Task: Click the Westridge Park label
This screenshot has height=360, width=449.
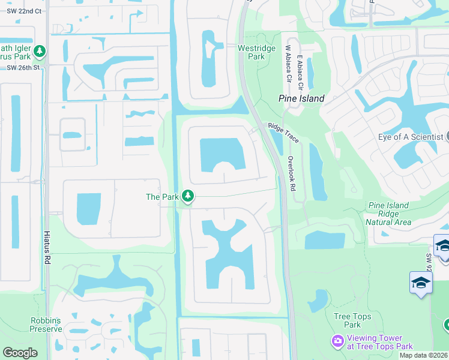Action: pos(256,52)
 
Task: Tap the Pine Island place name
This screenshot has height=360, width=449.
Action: pos(301,98)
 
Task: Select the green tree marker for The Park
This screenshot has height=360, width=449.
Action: pos(188,196)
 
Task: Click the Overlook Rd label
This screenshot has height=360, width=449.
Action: pos(291,174)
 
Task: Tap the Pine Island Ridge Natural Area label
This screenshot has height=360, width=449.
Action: pos(388,214)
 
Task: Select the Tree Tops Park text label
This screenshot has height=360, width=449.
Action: pos(352,320)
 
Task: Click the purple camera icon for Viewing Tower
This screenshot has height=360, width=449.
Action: pos(337,341)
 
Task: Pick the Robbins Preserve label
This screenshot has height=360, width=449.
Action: pos(46,325)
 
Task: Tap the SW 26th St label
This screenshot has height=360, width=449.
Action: pos(23,67)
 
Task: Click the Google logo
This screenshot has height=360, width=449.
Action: pos(20,353)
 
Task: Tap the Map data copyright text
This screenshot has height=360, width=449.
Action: pos(423,355)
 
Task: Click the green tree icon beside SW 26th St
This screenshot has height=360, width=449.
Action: pos(40,52)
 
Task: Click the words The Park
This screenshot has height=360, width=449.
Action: pos(161,197)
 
